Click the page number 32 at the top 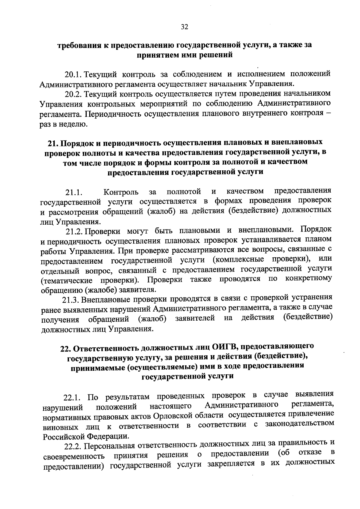click(184, 27)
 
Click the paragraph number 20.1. click(74, 74)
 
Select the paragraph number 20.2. click(74, 94)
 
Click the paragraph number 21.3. click(70, 299)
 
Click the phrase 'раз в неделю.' click(64, 124)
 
